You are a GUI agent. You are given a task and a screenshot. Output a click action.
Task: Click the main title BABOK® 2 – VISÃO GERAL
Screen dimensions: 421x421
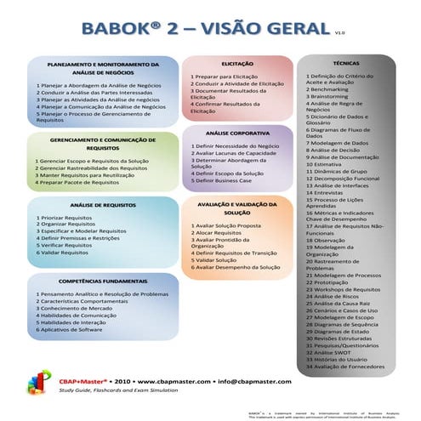coord(204,31)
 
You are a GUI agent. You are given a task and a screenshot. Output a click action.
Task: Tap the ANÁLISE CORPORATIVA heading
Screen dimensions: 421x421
coord(237,134)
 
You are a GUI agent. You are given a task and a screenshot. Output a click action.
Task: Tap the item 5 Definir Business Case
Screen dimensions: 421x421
coord(227,181)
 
